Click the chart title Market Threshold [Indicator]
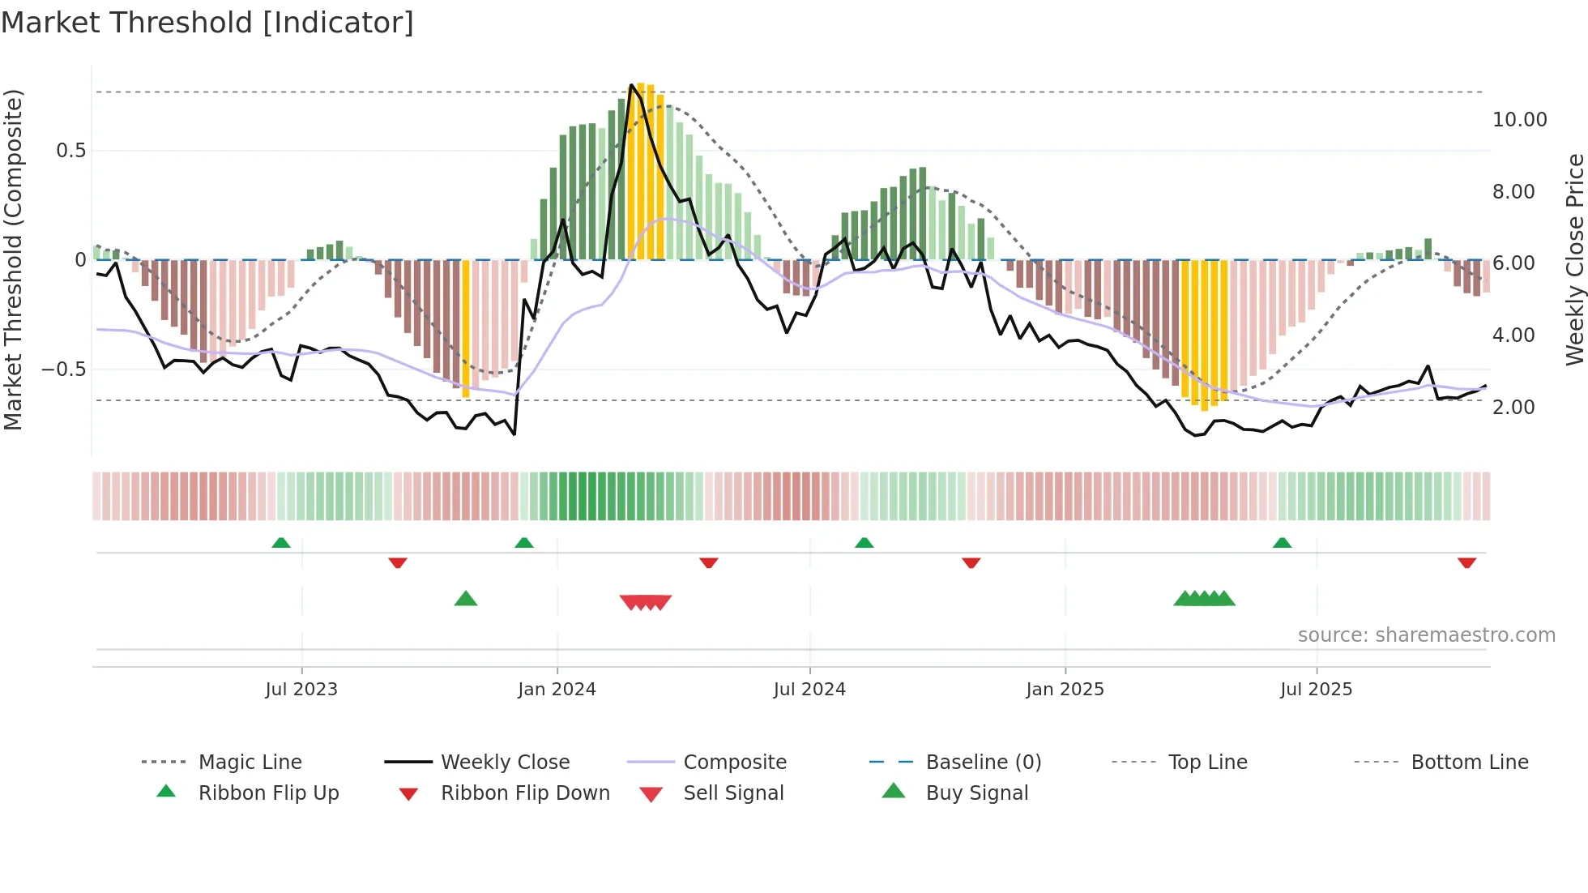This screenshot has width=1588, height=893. [x=207, y=23]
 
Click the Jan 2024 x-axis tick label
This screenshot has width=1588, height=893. [x=557, y=690]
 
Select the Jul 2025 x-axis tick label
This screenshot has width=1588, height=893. [x=1316, y=690]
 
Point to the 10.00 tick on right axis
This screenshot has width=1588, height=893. [x=1519, y=120]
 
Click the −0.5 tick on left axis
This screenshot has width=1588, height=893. [x=63, y=370]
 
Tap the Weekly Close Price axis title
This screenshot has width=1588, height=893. [x=1574, y=259]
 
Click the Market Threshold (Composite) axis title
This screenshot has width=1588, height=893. [x=13, y=259]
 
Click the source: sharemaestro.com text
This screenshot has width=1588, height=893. [x=1426, y=635]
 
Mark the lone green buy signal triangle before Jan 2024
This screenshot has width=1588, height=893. [x=466, y=599]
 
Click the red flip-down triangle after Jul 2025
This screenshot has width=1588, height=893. [x=1466, y=562]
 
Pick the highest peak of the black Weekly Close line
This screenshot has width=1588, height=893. [x=631, y=85]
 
